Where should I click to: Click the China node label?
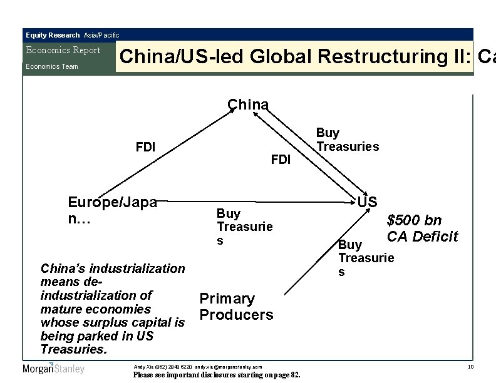click(x=248, y=105)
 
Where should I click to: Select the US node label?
click(x=367, y=202)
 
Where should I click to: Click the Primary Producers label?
click(x=236, y=307)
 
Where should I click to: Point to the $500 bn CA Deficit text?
click(x=422, y=228)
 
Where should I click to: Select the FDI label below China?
click(x=281, y=160)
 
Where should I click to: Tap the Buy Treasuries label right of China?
click(x=348, y=140)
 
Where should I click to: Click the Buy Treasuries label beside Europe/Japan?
click(x=244, y=227)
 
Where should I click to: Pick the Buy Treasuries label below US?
click(x=366, y=257)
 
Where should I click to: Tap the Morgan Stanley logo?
click(x=53, y=369)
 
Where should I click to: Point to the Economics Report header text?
click(x=63, y=51)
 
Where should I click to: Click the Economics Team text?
click(x=51, y=66)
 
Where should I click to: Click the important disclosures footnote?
click(x=217, y=375)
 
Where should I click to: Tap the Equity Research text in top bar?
click(x=53, y=35)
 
